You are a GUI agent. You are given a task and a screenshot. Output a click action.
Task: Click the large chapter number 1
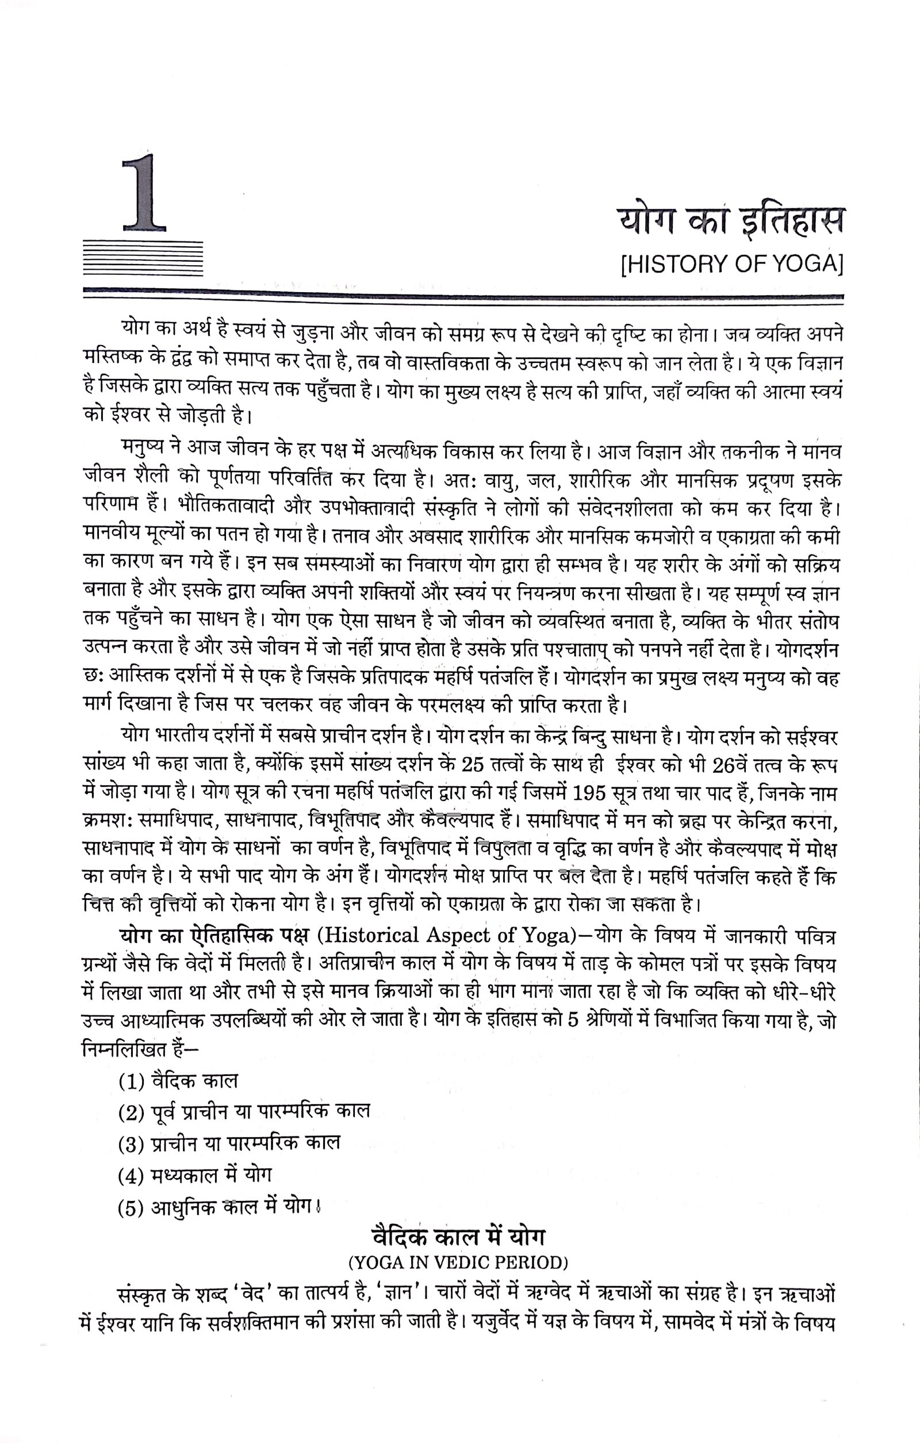click(144, 193)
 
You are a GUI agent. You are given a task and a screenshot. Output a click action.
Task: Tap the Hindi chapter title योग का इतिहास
click(730, 220)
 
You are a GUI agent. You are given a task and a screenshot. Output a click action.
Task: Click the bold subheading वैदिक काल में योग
click(458, 1238)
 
